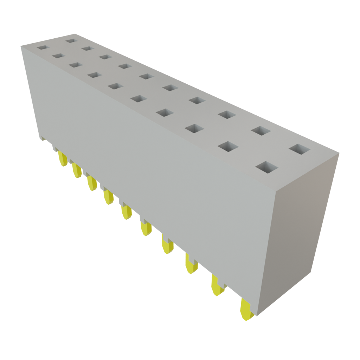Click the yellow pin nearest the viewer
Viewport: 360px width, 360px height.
[x=246, y=309]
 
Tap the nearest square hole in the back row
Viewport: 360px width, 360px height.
[x=300, y=149]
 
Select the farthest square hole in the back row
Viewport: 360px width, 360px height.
[x=71, y=41]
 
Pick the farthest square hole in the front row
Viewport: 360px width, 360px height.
[x=42, y=47]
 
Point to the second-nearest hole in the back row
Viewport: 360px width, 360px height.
[x=261, y=131]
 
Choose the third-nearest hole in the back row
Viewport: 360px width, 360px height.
[x=227, y=114]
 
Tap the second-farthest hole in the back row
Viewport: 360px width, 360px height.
[x=87, y=49]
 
